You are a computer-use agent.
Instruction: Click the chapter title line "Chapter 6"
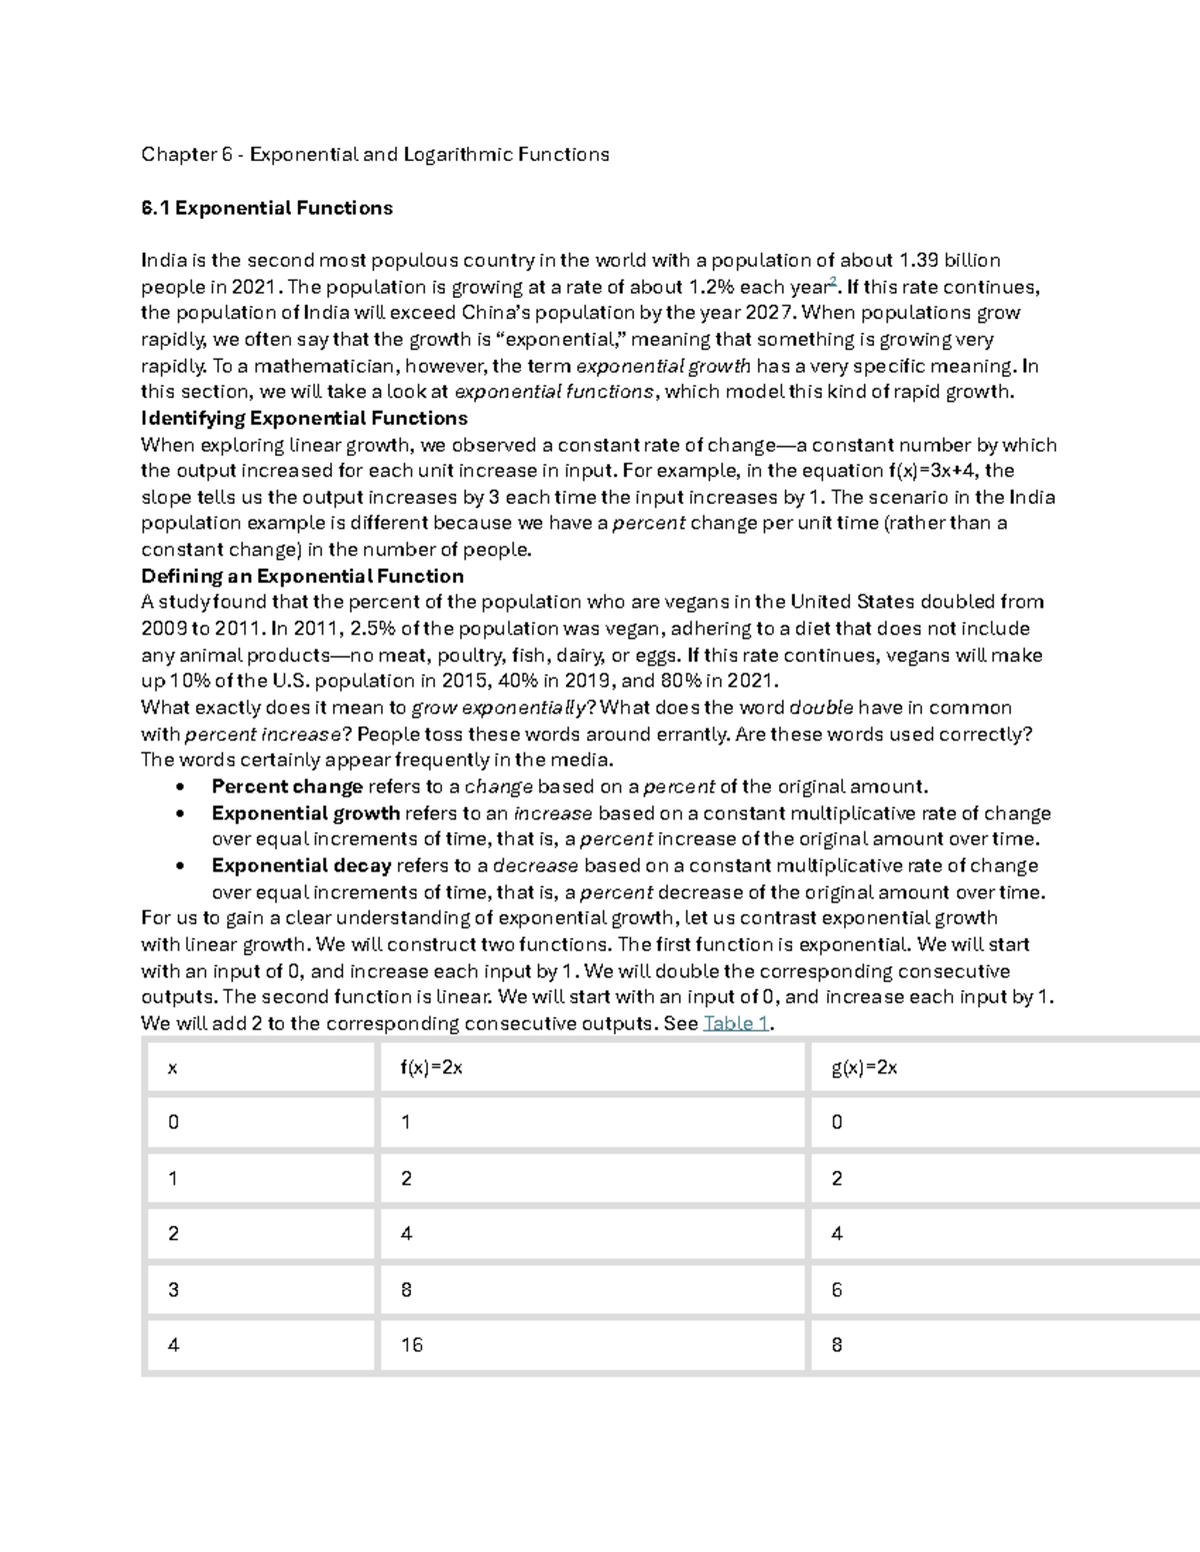(x=375, y=155)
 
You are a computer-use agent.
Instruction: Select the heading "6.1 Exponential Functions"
(x=267, y=209)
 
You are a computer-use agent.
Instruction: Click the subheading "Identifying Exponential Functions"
(x=304, y=418)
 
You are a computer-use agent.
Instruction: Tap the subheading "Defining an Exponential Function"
(x=302, y=577)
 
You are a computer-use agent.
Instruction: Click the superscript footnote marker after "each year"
(x=833, y=282)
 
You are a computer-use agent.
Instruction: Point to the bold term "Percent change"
(x=287, y=786)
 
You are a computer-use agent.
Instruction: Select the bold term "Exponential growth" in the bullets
(x=305, y=813)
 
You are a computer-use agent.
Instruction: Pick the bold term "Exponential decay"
(x=301, y=865)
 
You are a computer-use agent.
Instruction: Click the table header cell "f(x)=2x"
(x=431, y=1067)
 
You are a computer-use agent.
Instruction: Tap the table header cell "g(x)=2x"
(x=864, y=1067)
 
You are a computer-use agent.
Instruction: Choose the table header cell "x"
(x=173, y=1068)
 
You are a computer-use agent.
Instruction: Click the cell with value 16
(x=412, y=1345)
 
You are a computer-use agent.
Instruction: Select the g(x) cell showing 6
(x=837, y=1290)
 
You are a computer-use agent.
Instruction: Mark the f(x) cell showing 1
(x=406, y=1122)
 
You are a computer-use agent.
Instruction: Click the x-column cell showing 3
(x=174, y=1290)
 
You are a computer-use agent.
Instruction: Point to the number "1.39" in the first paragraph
(x=920, y=261)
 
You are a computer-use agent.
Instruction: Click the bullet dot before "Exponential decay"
(x=181, y=866)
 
